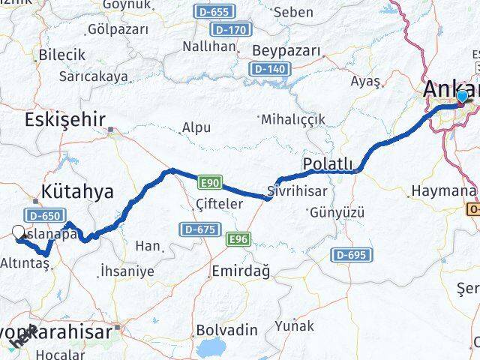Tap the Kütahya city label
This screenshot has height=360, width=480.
pyautogui.click(x=78, y=191)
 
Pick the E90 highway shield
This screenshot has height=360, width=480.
pyautogui.click(x=209, y=182)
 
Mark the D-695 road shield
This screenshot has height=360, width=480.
pyautogui.click(x=351, y=256)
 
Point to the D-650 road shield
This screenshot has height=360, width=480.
pyautogui.click(x=46, y=215)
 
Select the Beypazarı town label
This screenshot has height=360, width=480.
pyautogui.click(x=286, y=51)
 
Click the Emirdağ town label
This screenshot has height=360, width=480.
pyautogui.click(x=241, y=270)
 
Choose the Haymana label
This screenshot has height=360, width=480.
pyautogui.click(x=440, y=191)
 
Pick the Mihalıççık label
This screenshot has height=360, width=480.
pyautogui.click(x=294, y=119)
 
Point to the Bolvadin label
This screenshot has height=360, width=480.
pyautogui.click(x=226, y=330)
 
